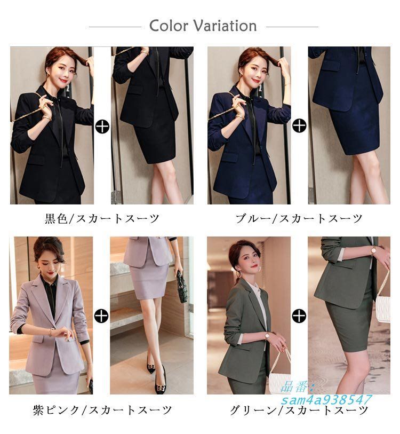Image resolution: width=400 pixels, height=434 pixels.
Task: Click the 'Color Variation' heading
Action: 203,26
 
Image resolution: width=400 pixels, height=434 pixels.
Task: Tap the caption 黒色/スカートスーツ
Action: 101,218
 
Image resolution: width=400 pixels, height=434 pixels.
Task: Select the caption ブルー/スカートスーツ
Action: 299,218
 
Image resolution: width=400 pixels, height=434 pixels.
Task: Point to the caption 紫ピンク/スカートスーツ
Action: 101,410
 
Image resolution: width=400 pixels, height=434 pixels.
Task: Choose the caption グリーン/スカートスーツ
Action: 299,410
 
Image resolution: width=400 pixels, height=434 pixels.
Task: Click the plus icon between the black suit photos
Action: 101,126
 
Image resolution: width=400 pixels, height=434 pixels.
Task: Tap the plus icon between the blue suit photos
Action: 300,126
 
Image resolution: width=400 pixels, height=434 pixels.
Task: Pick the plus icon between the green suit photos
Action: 300,315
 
